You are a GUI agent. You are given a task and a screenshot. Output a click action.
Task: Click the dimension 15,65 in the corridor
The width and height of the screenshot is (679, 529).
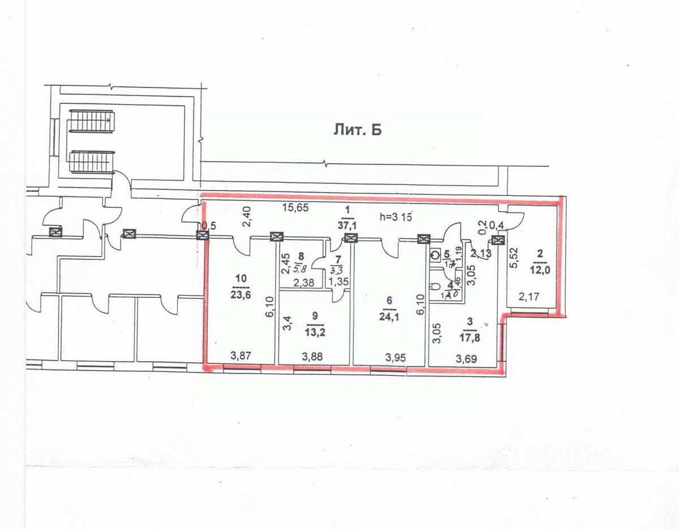pos(295,207)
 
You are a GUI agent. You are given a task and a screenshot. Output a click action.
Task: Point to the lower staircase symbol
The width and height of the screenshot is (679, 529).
pos(91,162)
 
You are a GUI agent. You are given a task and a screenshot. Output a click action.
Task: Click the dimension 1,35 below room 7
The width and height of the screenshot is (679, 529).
pos(337,282)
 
